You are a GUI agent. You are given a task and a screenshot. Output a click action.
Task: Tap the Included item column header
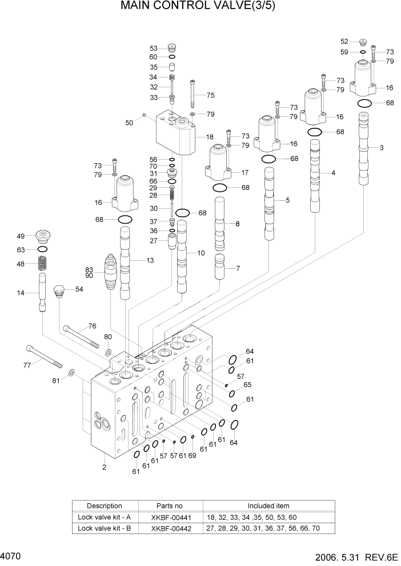click(x=268, y=506)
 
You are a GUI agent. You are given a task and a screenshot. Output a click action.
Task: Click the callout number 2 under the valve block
click(x=104, y=468)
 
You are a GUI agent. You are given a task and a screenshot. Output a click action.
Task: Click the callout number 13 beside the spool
click(x=150, y=261)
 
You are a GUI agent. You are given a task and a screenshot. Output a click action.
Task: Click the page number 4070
click(x=11, y=555)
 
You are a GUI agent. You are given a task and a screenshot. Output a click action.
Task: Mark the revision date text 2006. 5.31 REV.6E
click(x=355, y=556)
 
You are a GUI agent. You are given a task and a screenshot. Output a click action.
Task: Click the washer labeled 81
click(x=71, y=373)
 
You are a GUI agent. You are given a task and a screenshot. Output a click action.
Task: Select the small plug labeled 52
click(x=363, y=42)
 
